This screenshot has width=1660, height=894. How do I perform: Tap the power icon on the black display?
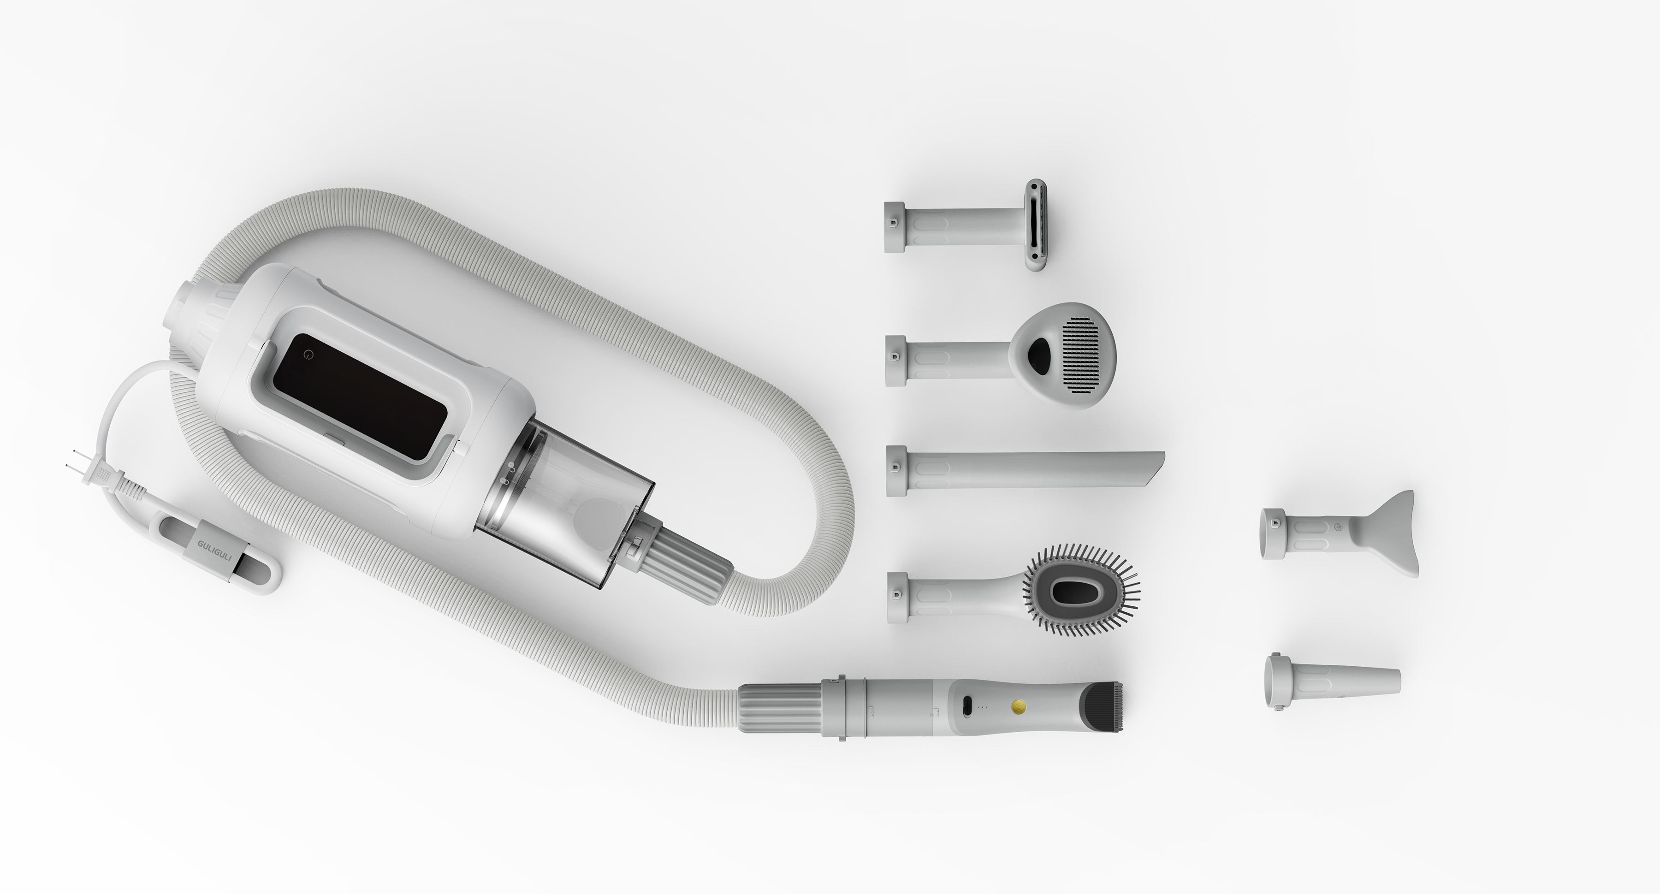(x=309, y=355)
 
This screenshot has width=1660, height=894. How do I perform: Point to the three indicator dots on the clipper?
(x=983, y=707)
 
